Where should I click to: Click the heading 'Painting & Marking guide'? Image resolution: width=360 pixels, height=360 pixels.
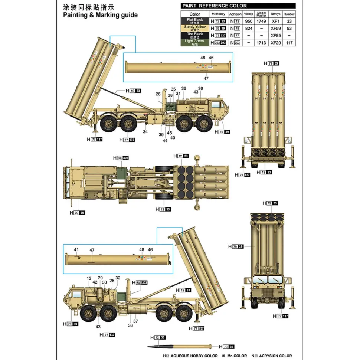click(100, 15)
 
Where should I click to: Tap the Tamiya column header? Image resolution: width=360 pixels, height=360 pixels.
click(275, 14)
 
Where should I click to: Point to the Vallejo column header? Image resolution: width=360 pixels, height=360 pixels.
click(249, 14)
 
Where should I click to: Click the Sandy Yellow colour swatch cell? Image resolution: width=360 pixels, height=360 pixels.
click(194, 28)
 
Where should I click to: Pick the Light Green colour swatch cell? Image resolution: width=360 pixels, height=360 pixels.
click(194, 42)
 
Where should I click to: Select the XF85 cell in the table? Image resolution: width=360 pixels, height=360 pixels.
click(275, 36)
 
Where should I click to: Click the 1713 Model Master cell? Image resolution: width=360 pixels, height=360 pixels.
click(261, 43)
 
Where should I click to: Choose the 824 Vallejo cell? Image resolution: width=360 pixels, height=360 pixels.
click(249, 29)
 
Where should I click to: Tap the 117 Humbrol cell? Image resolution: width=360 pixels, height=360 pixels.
click(289, 43)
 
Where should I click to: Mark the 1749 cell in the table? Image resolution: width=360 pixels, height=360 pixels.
click(261, 22)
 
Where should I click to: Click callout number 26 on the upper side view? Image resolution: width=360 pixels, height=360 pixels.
click(158, 94)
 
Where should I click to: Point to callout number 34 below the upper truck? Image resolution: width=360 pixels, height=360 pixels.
click(145, 132)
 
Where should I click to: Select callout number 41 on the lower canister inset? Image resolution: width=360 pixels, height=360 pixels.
click(76, 250)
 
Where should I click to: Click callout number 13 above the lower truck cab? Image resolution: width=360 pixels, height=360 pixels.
click(89, 278)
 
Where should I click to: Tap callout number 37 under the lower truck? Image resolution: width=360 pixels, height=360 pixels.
click(135, 321)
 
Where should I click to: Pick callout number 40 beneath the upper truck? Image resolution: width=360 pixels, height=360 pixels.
click(173, 138)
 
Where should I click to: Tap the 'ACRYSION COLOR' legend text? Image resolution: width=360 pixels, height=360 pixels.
click(275, 356)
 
